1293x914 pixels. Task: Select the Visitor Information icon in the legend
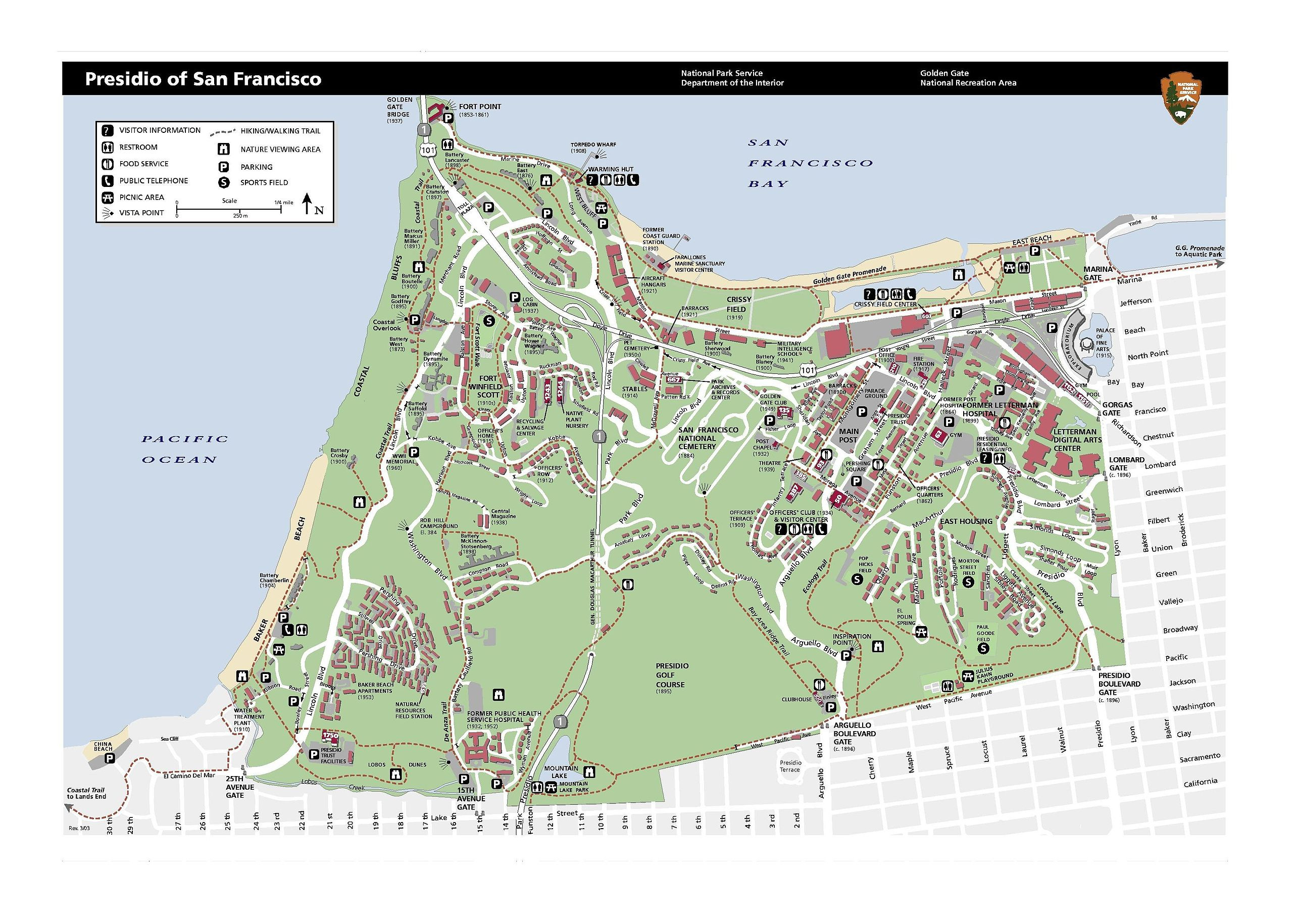coord(107,131)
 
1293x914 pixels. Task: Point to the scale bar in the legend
coord(229,209)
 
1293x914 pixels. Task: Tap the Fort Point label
coord(479,107)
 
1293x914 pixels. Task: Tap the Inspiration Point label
coord(852,640)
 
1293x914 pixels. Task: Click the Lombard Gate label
coord(1126,464)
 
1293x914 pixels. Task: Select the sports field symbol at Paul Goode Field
coord(983,649)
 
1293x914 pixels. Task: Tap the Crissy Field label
coord(738,304)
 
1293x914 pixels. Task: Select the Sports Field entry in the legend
coord(264,182)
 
